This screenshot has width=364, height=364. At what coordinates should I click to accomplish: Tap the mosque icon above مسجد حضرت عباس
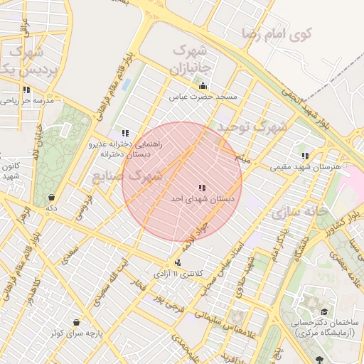click(203, 86)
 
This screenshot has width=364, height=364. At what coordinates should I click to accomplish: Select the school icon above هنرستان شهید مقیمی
click(305, 156)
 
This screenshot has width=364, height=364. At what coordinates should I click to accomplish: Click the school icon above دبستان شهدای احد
click(203, 188)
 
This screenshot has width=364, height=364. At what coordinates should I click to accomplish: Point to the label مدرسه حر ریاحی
click(28, 101)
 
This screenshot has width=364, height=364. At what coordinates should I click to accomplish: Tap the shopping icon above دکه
click(51, 197)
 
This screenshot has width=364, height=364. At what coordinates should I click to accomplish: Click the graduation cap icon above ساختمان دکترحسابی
click(324, 311)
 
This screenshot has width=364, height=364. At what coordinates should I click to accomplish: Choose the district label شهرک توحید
click(252, 127)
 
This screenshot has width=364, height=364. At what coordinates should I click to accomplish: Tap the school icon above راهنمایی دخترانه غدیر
click(126, 133)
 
